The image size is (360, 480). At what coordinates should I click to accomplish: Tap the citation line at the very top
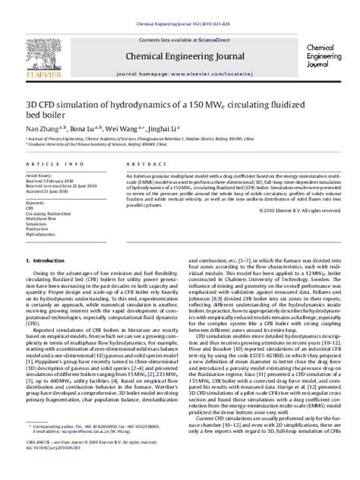coord(179,5)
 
